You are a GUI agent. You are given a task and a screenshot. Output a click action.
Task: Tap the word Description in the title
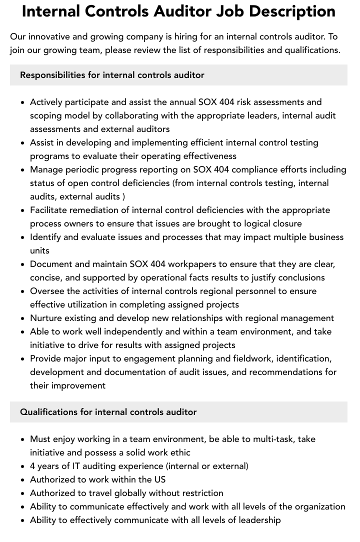294,11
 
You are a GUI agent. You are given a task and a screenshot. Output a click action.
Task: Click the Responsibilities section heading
112,75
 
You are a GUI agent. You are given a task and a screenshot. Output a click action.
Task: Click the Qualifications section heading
108,412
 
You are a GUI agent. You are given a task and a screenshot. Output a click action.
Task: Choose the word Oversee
48,291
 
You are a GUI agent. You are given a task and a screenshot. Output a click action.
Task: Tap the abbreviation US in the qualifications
159,479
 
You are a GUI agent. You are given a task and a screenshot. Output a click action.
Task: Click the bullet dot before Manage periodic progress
22,169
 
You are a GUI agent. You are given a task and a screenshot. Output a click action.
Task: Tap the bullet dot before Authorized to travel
22,493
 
